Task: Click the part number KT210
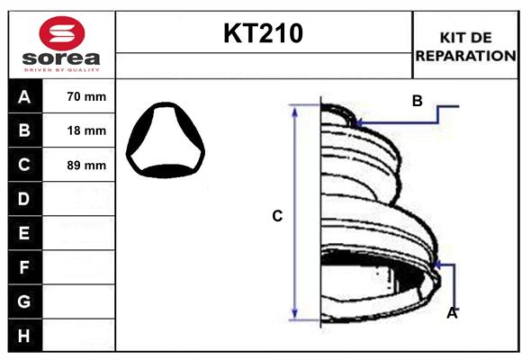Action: pyautogui.click(x=263, y=34)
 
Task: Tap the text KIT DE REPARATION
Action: pyautogui.click(x=465, y=46)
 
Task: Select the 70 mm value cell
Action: pyautogui.click(x=86, y=96)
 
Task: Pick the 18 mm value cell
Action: pyautogui.click(x=86, y=130)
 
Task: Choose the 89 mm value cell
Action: pyautogui.click(x=86, y=166)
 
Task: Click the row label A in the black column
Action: pyautogui.click(x=24, y=96)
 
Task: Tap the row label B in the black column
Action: pyautogui.click(x=24, y=130)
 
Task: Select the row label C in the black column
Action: pyautogui.click(x=24, y=165)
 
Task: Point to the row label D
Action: pyautogui.click(x=24, y=199)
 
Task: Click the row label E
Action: pyautogui.click(x=24, y=233)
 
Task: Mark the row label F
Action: pyautogui.click(x=24, y=267)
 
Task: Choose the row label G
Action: pyautogui.click(x=24, y=301)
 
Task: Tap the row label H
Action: pyautogui.click(x=24, y=336)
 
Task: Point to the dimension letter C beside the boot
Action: pyautogui.click(x=277, y=216)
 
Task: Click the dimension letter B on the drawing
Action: pyautogui.click(x=417, y=101)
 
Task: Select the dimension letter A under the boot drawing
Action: pyautogui.click(x=452, y=312)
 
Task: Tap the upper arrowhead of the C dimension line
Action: pyautogui.click(x=294, y=110)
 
